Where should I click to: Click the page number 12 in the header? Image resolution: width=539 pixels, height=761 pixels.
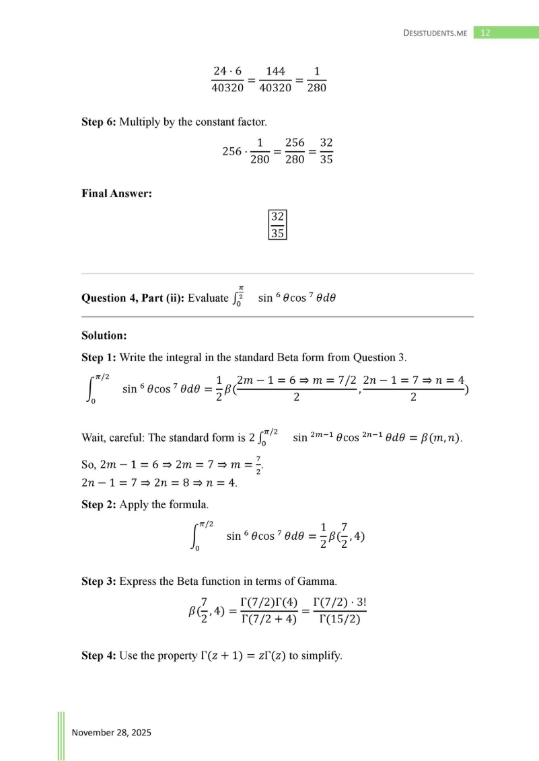[x=487, y=32]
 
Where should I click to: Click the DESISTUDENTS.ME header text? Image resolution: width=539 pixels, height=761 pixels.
[x=435, y=32]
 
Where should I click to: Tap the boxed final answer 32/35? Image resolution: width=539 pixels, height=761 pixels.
[x=277, y=225]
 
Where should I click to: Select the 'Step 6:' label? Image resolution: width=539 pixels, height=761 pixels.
[x=98, y=122]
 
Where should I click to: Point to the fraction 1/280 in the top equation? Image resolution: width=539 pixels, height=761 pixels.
[x=316, y=79]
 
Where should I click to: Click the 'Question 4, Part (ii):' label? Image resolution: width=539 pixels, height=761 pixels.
[x=133, y=298]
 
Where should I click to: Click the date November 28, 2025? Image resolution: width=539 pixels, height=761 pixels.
[x=111, y=732]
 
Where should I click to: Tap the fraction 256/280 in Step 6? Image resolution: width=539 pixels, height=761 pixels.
[x=295, y=151]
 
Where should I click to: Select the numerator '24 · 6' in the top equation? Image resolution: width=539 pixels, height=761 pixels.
[x=227, y=71]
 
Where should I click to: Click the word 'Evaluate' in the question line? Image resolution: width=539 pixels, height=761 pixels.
[x=209, y=298]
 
